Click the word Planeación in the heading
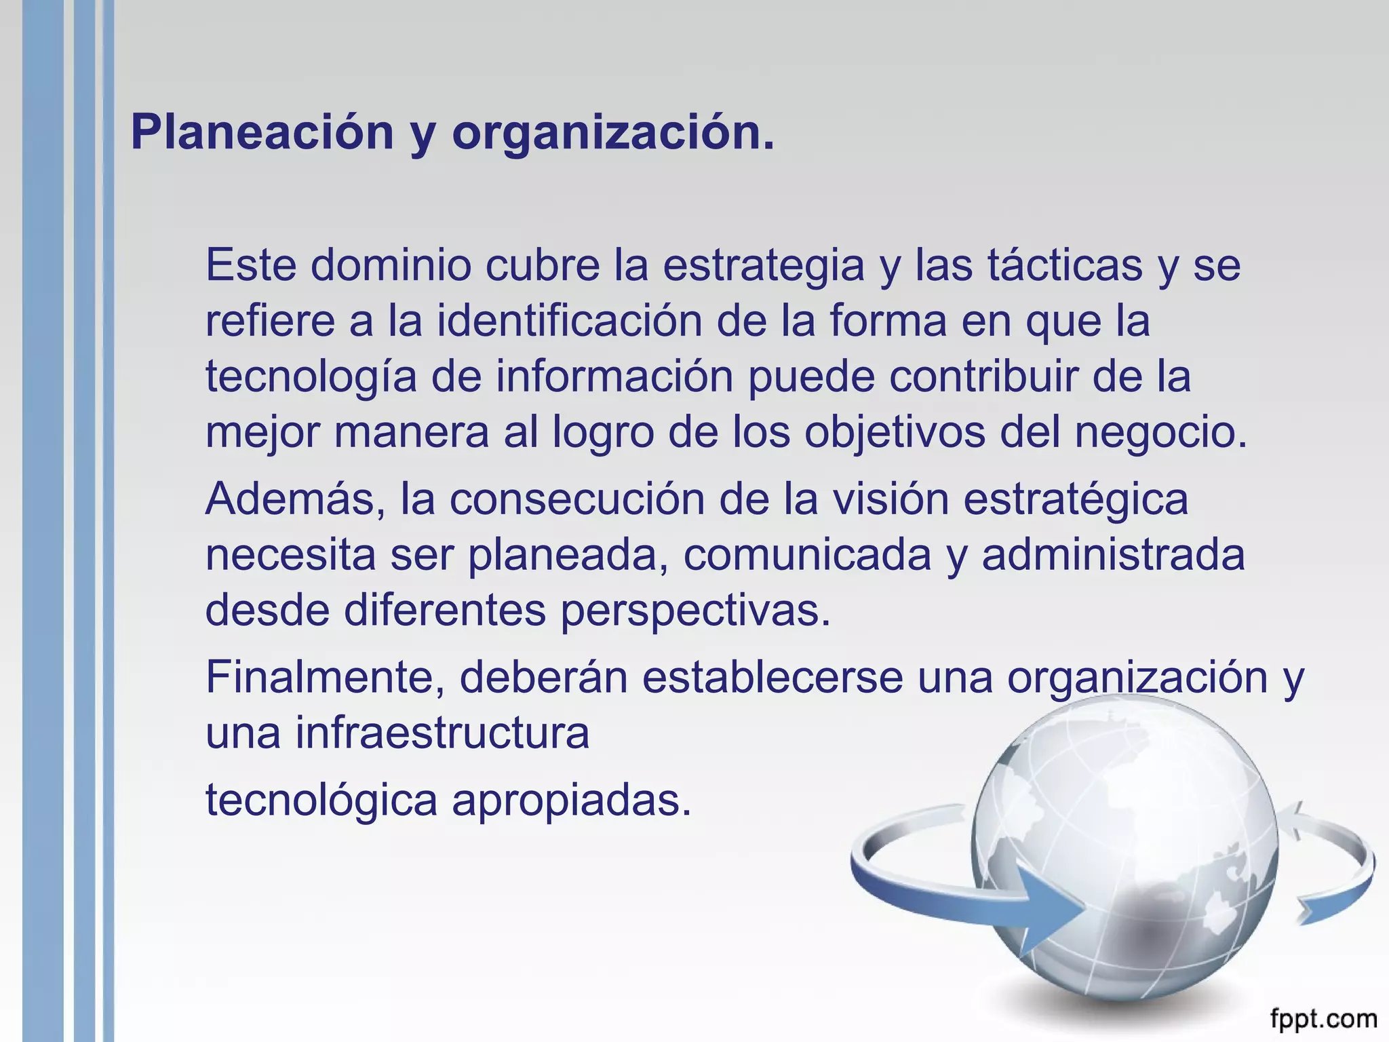point(262,133)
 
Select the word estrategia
point(763,266)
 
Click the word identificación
point(569,321)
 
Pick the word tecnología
point(311,377)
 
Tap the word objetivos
point(895,433)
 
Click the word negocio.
point(1160,433)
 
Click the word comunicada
point(807,556)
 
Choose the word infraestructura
point(442,733)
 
